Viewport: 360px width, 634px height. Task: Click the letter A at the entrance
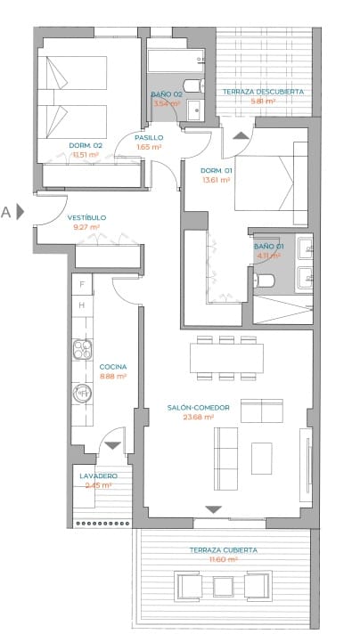pyautogui.click(x=6, y=212)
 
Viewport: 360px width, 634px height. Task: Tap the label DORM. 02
pyautogui.click(x=86, y=144)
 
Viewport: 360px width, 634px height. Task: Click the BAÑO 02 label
pyautogui.click(x=167, y=94)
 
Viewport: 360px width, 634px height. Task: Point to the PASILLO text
pyautogui.click(x=149, y=137)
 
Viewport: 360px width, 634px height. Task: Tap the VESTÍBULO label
pyautogui.click(x=87, y=217)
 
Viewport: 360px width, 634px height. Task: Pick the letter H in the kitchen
pyautogui.click(x=82, y=305)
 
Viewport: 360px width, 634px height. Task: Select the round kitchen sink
pyautogui.click(x=83, y=392)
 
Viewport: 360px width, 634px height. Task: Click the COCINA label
pyautogui.click(x=113, y=367)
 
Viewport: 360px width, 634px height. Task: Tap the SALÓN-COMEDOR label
pyautogui.click(x=198, y=408)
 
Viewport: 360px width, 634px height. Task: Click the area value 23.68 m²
pyautogui.click(x=198, y=417)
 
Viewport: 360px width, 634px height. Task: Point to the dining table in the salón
pyautogui.click(x=226, y=358)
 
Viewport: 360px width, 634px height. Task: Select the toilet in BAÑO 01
pyautogui.click(x=265, y=281)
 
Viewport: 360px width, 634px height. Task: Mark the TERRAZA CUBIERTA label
pyautogui.click(x=223, y=550)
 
